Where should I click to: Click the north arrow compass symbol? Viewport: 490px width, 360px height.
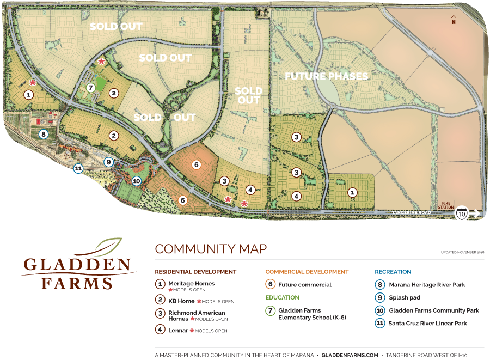453,20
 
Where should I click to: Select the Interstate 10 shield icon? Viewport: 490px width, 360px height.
462,213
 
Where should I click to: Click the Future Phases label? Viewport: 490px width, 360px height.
327,76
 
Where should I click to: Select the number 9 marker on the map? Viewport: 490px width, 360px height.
109,161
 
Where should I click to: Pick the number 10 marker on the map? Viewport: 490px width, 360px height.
136,181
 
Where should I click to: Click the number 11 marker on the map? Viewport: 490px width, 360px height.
78,169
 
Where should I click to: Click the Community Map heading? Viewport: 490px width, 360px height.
211,249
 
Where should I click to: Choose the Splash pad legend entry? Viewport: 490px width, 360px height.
403,298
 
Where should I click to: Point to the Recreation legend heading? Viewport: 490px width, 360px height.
393,271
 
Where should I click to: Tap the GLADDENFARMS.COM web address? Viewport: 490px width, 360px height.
350,355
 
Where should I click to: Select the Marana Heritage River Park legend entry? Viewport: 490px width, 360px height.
427,284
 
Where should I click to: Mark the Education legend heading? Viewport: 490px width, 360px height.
282,297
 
